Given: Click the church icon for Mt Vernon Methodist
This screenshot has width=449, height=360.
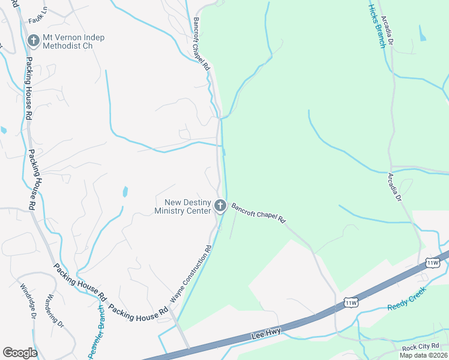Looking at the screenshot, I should pyautogui.click(x=34, y=41).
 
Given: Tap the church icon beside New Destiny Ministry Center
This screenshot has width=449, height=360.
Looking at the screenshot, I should pyautogui.click(x=220, y=207).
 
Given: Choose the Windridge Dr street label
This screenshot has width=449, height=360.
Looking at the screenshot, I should pyautogui.click(x=29, y=301).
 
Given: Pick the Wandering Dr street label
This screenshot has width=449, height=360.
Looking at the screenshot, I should pyautogui.click(x=55, y=311).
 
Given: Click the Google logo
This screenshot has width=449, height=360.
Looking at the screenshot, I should pyautogui.click(x=20, y=353).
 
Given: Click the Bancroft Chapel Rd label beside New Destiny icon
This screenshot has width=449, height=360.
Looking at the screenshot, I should pyautogui.click(x=258, y=212).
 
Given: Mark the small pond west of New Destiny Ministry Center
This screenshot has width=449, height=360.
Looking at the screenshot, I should pyautogui.click(x=125, y=192).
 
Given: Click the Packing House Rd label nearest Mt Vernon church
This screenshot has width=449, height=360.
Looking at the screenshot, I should pyautogui.click(x=28, y=84).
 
